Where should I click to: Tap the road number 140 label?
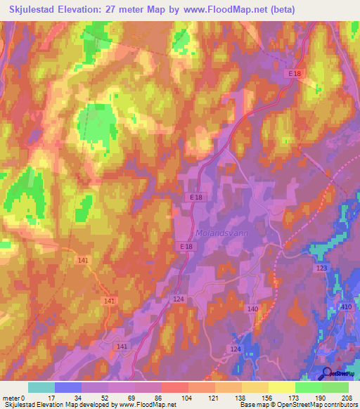[x=252, y=309]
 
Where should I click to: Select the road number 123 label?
[x=322, y=268]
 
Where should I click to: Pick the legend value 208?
[x=347, y=398]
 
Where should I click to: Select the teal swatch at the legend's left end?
[x=41, y=387]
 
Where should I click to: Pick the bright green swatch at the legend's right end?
[x=335, y=387]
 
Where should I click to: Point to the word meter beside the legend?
[x=11, y=398]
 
